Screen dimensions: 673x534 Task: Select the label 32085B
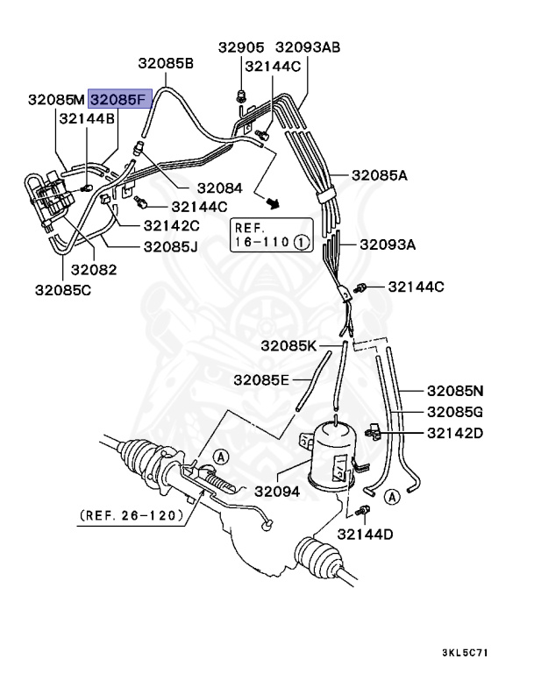[x=165, y=64]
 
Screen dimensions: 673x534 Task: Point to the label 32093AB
[x=308, y=46]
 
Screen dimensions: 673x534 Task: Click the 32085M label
[x=56, y=101]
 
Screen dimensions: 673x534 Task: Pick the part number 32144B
[x=86, y=119]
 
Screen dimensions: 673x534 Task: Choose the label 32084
[x=219, y=188]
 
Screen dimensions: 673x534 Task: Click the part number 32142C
[x=171, y=225]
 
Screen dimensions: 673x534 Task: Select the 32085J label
[x=173, y=246]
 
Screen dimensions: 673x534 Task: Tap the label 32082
[x=94, y=269]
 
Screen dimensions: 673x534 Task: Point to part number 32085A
[x=380, y=175]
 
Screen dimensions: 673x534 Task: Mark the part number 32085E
[x=261, y=379]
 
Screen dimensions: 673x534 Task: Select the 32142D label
[x=456, y=433]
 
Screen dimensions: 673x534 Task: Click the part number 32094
[x=278, y=492]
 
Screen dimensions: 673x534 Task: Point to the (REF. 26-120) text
[x=132, y=515]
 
